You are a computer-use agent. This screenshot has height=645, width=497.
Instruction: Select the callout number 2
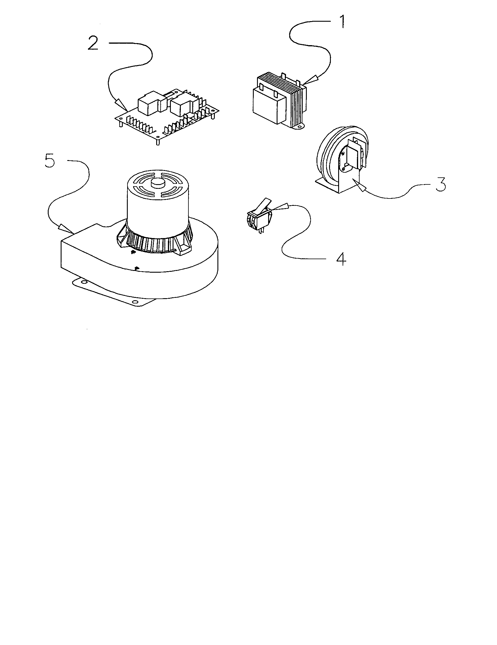pos(93,43)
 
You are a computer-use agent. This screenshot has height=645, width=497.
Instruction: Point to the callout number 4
pos(341,259)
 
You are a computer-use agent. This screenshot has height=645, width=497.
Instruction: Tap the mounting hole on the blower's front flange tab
pos(135,302)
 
